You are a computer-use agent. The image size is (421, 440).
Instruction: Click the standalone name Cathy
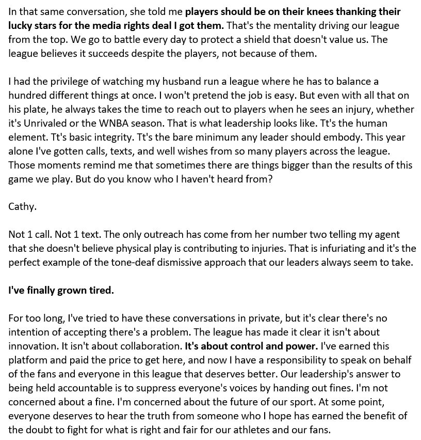pos(22,206)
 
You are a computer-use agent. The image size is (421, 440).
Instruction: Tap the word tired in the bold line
pos(101,290)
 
